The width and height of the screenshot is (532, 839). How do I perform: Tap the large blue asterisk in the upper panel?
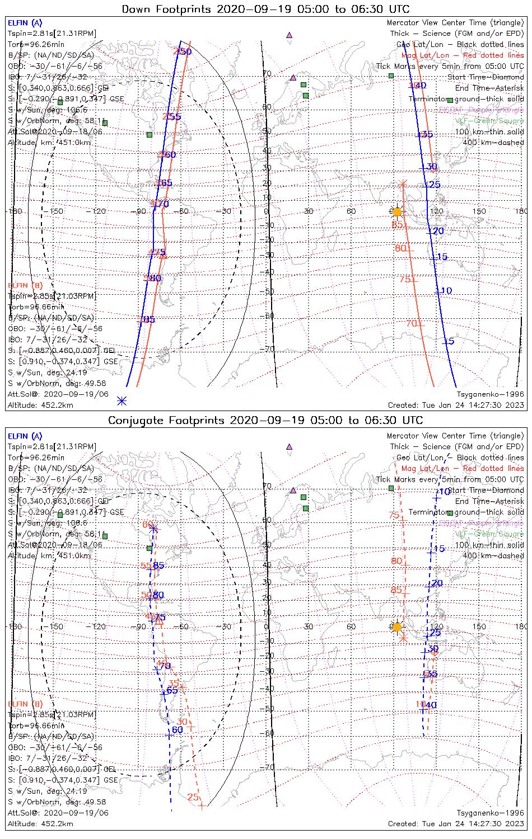tap(122, 400)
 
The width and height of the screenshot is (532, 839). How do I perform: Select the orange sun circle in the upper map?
tap(397, 212)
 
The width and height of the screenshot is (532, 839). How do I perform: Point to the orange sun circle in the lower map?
tap(397, 627)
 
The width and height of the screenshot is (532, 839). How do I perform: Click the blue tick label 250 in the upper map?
tap(183, 52)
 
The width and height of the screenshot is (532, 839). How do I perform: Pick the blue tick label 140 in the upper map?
tap(418, 86)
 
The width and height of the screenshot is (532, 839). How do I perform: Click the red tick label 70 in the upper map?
tap(412, 323)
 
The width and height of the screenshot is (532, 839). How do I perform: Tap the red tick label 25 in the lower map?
tap(193, 797)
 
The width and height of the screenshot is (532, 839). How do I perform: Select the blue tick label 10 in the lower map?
tap(444, 492)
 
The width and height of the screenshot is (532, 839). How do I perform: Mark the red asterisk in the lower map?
tap(402, 638)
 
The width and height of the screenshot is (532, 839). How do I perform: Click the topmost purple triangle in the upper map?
tap(289, 35)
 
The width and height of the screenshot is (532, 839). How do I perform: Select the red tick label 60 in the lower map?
tap(148, 525)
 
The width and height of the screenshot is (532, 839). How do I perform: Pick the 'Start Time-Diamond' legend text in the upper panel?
tap(486, 77)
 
